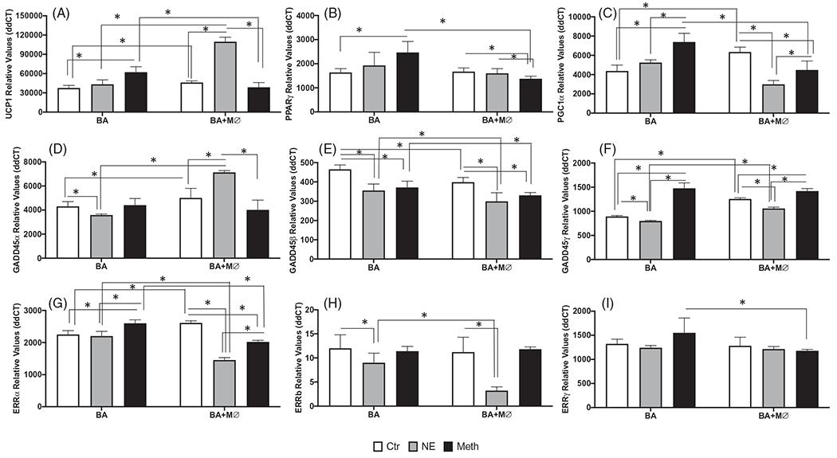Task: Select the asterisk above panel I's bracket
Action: [x=742, y=303]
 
